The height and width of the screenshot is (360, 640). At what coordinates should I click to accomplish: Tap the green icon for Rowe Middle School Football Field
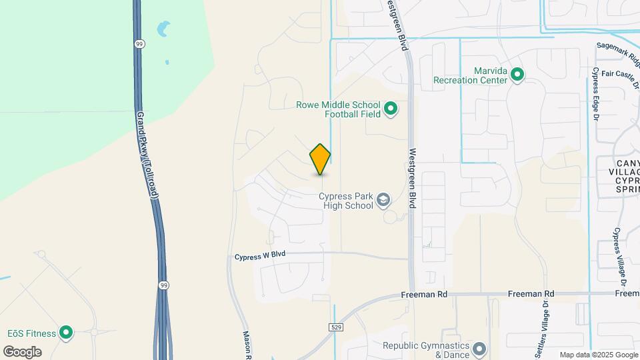pos(391,109)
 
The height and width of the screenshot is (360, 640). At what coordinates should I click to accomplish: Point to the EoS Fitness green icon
pos(65,332)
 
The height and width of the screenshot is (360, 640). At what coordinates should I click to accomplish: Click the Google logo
pos(23,352)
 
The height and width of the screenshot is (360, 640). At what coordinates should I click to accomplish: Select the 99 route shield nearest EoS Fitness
pos(163,285)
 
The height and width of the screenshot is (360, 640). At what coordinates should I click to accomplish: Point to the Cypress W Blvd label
pos(260,257)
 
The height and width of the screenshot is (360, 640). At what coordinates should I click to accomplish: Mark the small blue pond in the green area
pos(162,29)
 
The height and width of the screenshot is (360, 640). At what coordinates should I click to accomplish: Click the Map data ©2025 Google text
pos(598,355)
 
